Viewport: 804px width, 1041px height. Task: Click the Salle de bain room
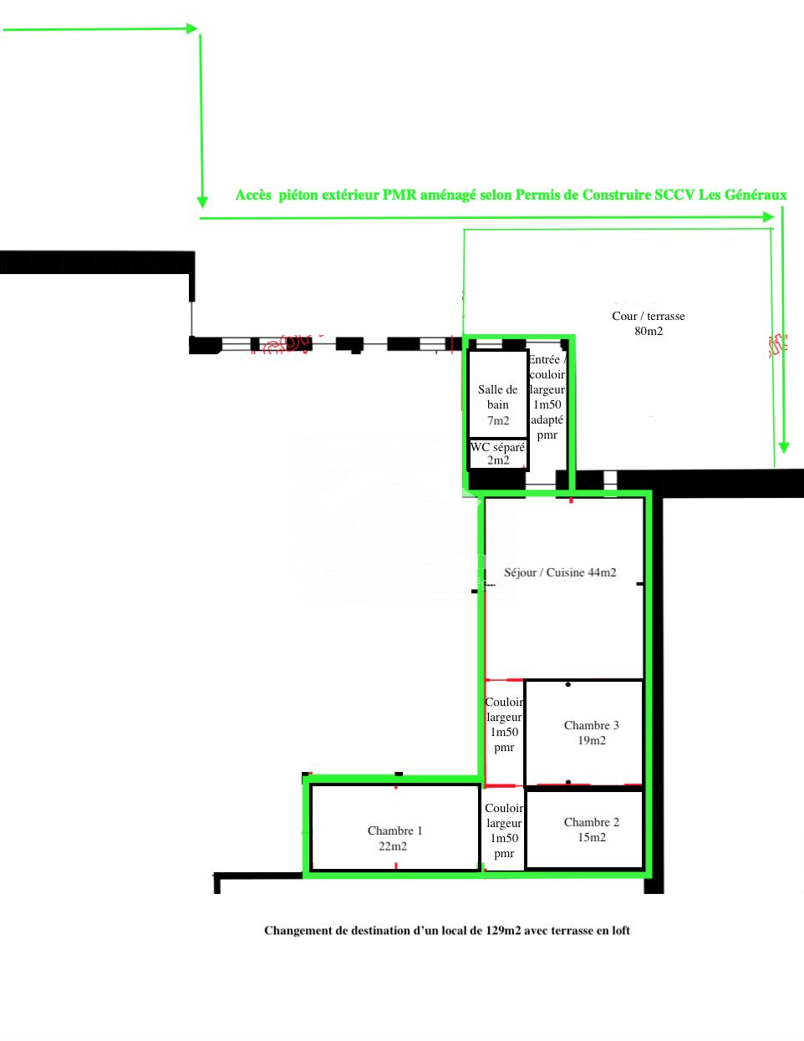pyautogui.click(x=498, y=394)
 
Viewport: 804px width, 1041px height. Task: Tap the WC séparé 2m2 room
pyautogui.click(x=498, y=454)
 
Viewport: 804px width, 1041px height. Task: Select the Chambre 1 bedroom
pyautogui.click(x=394, y=827)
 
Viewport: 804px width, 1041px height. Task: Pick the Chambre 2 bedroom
pyautogui.click(x=584, y=829)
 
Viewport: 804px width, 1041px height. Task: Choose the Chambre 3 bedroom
pyautogui.click(x=584, y=733)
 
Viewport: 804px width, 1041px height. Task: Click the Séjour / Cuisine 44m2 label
pyautogui.click(x=560, y=572)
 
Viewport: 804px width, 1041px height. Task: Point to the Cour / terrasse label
pyautogui.click(x=649, y=316)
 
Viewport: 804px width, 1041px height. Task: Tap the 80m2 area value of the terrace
pyautogui.click(x=649, y=331)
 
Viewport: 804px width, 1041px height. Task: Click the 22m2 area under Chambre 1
pyautogui.click(x=393, y=846)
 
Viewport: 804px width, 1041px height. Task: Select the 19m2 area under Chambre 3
pyautogui.click(x=592, y=740)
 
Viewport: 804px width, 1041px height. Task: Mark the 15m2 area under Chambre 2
pyautogui.click(x=592, y=837)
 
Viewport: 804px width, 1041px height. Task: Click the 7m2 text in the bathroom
pyautogui.click(x=498, y=420)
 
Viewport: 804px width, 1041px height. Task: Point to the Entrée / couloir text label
pyautogui.click(x=547, y=367)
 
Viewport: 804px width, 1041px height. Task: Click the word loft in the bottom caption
pyautogui.click(x=621, y=931)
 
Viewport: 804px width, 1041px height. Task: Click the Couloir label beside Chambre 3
pyautogui.click(x=504, y=703)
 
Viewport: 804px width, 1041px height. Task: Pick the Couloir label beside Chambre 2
pyautogui.click(x=504, y=808)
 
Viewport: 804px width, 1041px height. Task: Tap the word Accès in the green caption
pyautogui.click(x=253, y=195)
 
